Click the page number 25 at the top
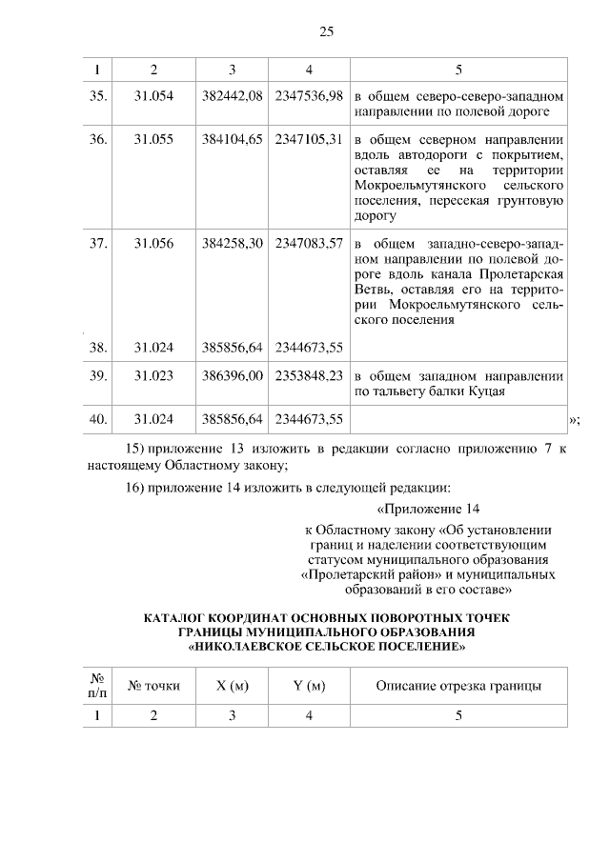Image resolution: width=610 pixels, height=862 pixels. [326, 31]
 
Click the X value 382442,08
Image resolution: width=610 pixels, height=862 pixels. [232, 96]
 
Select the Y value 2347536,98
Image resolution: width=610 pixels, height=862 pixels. [308, 96]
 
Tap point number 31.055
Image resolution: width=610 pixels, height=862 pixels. [153, 139]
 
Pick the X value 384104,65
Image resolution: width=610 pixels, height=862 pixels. [232, 139]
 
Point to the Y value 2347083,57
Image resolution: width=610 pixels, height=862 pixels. [308, 243]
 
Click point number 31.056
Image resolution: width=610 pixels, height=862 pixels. [153, 243]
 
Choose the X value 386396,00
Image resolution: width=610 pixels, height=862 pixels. [232, 375]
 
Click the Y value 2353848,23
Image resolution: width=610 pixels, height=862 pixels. [308, 375]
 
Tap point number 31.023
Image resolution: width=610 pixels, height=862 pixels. [153, 375]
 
